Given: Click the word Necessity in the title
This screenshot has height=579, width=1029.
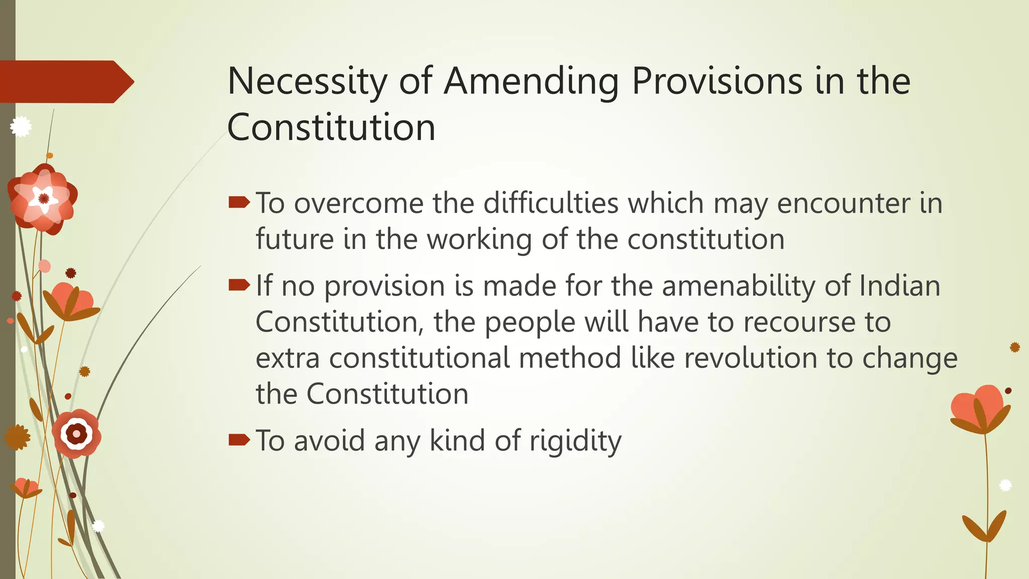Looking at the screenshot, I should tap(307, 81).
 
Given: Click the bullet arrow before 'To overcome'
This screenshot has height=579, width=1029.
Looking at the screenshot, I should tap(239, 203).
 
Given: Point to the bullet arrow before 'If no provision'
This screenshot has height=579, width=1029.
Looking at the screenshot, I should tap(239, 285).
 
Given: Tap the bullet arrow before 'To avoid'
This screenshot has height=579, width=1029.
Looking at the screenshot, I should tap(239, 440).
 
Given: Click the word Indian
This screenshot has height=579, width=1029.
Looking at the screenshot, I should tap(899, 286).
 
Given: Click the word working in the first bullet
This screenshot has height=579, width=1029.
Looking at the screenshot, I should tap(479, 239).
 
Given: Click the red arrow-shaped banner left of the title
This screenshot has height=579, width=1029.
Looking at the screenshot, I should tap(65, 81).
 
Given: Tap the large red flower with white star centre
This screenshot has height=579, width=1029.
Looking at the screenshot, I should tap(43, 199).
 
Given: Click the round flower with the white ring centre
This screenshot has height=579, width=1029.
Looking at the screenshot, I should tap(76, 433).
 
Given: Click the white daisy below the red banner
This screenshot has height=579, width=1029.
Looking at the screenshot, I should tap(21, 126).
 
